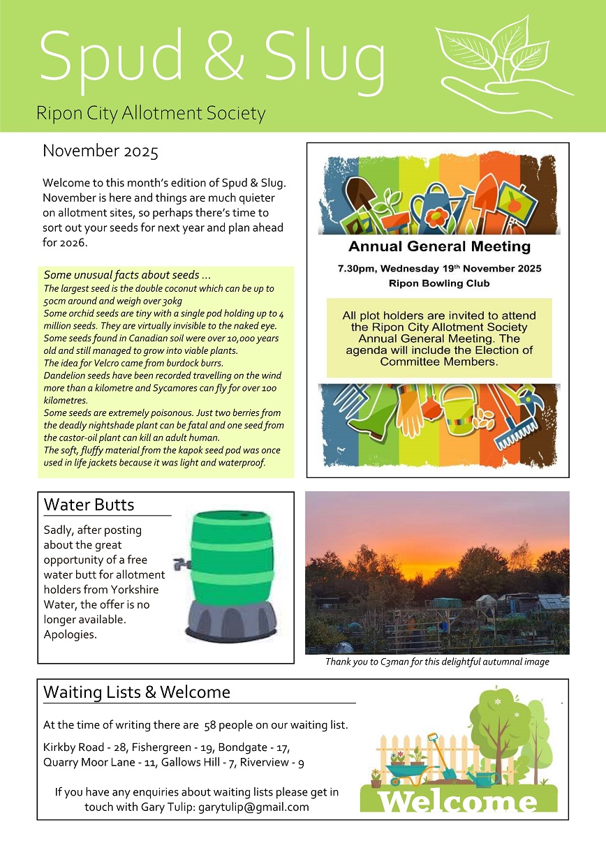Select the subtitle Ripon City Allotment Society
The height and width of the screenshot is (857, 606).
[151, 113]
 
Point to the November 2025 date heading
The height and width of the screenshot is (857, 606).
[101, 151]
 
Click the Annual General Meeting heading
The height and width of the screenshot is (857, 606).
[439, 246]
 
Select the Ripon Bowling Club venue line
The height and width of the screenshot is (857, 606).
[439, 284]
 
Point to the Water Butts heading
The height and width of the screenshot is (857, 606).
[89, 505]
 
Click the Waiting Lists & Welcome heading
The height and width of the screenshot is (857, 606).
[137, 692]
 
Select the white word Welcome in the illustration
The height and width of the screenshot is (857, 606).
[458, 800]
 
